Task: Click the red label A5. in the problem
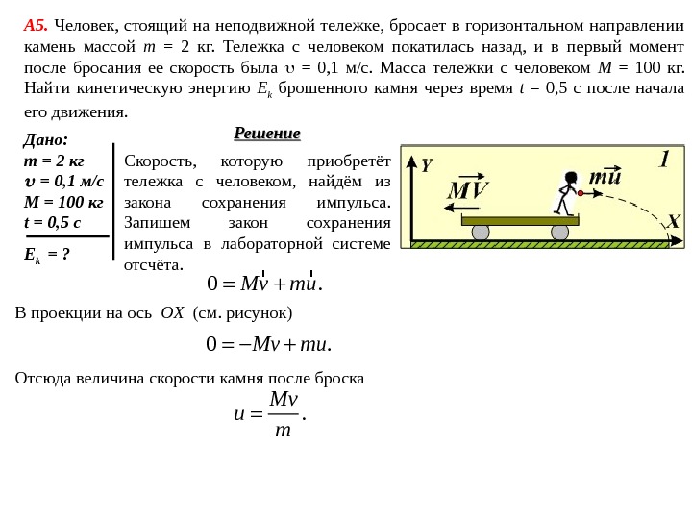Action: [36, 25]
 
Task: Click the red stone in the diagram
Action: [581, 193]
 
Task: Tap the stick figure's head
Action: [571, 178]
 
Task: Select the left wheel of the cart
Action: [481, 232]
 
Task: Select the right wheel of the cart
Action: [559, 232]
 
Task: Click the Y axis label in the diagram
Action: [427, 165]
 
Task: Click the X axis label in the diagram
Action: [673, 222]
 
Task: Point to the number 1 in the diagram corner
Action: [664, 160]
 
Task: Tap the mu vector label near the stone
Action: [605, 177]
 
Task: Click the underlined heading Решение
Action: [266, 133]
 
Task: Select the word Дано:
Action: [45, 140]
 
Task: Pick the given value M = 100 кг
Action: [63, 202]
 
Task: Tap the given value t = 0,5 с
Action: [52, 223]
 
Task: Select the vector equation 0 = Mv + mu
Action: [265, 284]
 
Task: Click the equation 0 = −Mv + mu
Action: [269, 344]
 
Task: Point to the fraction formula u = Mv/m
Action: [270, 413]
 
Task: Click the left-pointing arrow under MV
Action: [461, 207]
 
